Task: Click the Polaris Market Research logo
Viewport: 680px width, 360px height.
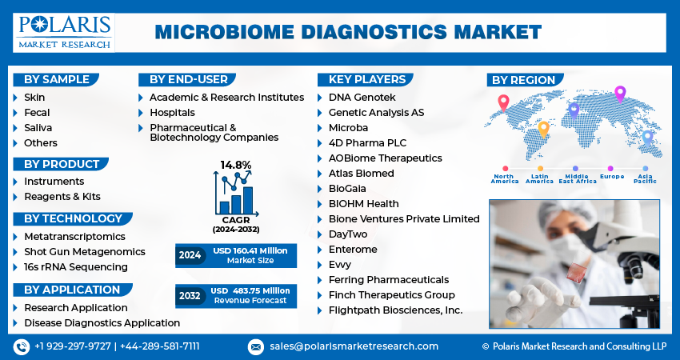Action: pos(63,32)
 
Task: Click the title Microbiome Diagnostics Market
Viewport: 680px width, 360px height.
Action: pos(347,32)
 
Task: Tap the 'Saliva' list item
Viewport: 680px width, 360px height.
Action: pos(38,128)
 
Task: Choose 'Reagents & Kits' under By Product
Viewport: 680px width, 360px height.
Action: pos(62,196)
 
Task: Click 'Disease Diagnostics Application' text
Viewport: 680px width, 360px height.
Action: pos(102,322)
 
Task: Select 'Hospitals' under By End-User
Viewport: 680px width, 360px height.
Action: pos(172,113)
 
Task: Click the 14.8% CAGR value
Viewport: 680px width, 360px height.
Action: pos(236,165)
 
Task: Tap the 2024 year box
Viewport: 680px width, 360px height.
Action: pos(190,256)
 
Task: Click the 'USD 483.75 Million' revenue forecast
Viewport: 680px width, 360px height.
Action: pos(249,290)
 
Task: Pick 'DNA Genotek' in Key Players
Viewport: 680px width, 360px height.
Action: pos(362,97)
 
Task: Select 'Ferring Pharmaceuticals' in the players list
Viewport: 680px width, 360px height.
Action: pos(388,279)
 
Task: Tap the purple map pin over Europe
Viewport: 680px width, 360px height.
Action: pos(619,94)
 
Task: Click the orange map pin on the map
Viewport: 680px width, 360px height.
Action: pos(543,128)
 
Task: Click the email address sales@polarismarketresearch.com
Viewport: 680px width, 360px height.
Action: pos(353,346)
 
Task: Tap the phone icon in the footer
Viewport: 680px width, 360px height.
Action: pos(21,346)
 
